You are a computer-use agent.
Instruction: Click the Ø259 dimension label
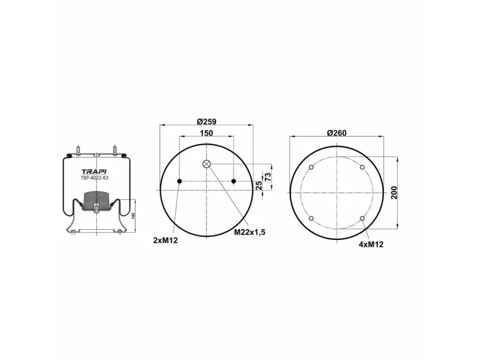click(206, 122)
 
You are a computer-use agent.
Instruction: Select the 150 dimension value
click(206, 133)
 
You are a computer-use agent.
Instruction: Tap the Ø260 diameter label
click(337, 133)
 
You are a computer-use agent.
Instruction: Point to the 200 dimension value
click(394, 193)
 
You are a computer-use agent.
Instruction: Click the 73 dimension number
click(268, 176)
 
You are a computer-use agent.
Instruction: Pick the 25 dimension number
click(259, 185)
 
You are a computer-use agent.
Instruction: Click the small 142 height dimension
click(133, 215)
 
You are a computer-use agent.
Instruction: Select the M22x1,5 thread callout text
click(250, 232)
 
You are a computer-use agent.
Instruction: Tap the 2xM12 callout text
click(166, 241)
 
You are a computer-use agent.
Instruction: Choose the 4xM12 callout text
click(371, 244)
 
